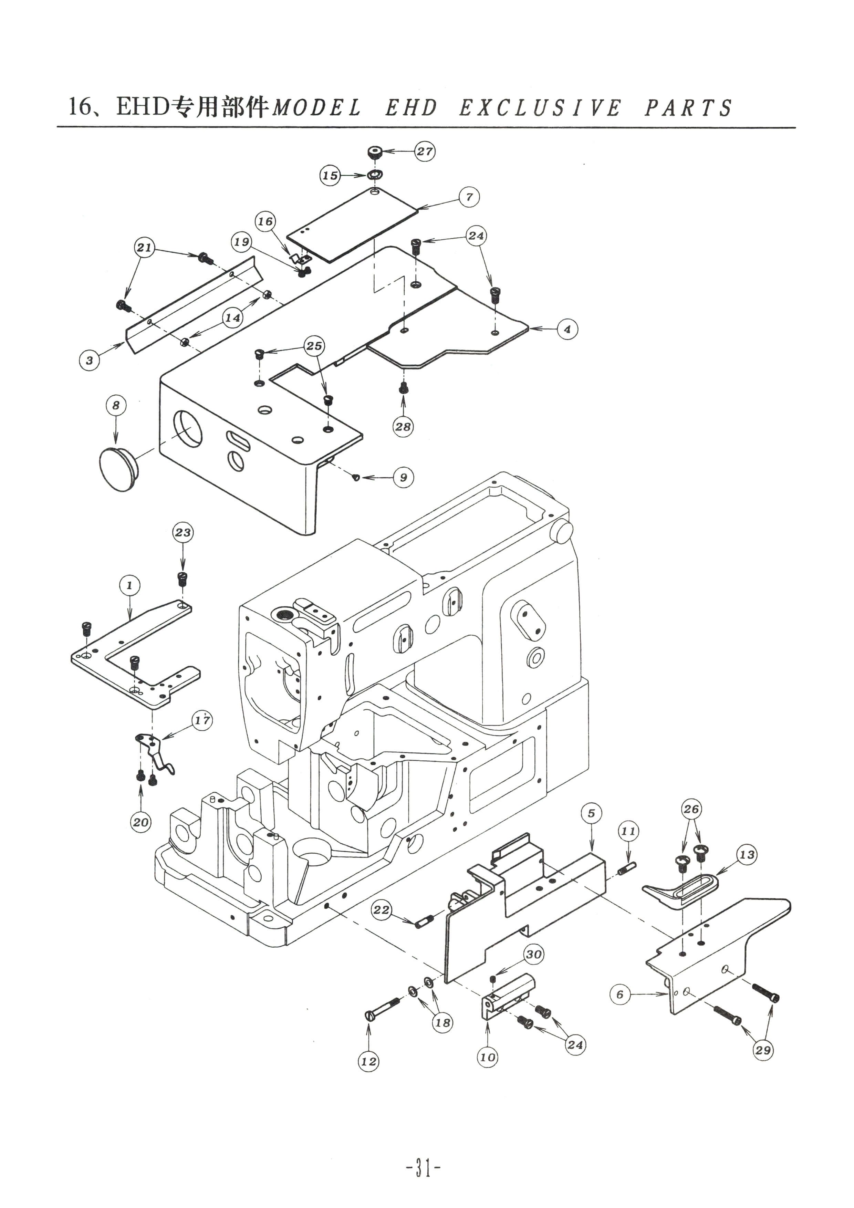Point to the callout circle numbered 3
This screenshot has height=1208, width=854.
(x=90, y=361)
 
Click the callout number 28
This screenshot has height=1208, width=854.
(x=403, y=426)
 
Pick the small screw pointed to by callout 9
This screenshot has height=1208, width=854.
(x=356, y=477)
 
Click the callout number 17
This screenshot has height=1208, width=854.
(x=202, y=720)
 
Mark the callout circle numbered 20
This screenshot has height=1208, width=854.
(x=140, y=822)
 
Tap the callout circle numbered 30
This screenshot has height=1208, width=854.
(x=533, y=954)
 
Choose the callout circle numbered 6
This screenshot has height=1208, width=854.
(x=620, y=994)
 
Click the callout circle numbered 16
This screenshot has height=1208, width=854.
(x=265, y=221)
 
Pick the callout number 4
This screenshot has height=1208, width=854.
(x=567, y=329)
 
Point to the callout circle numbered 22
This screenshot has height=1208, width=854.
(x=382, y=910)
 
